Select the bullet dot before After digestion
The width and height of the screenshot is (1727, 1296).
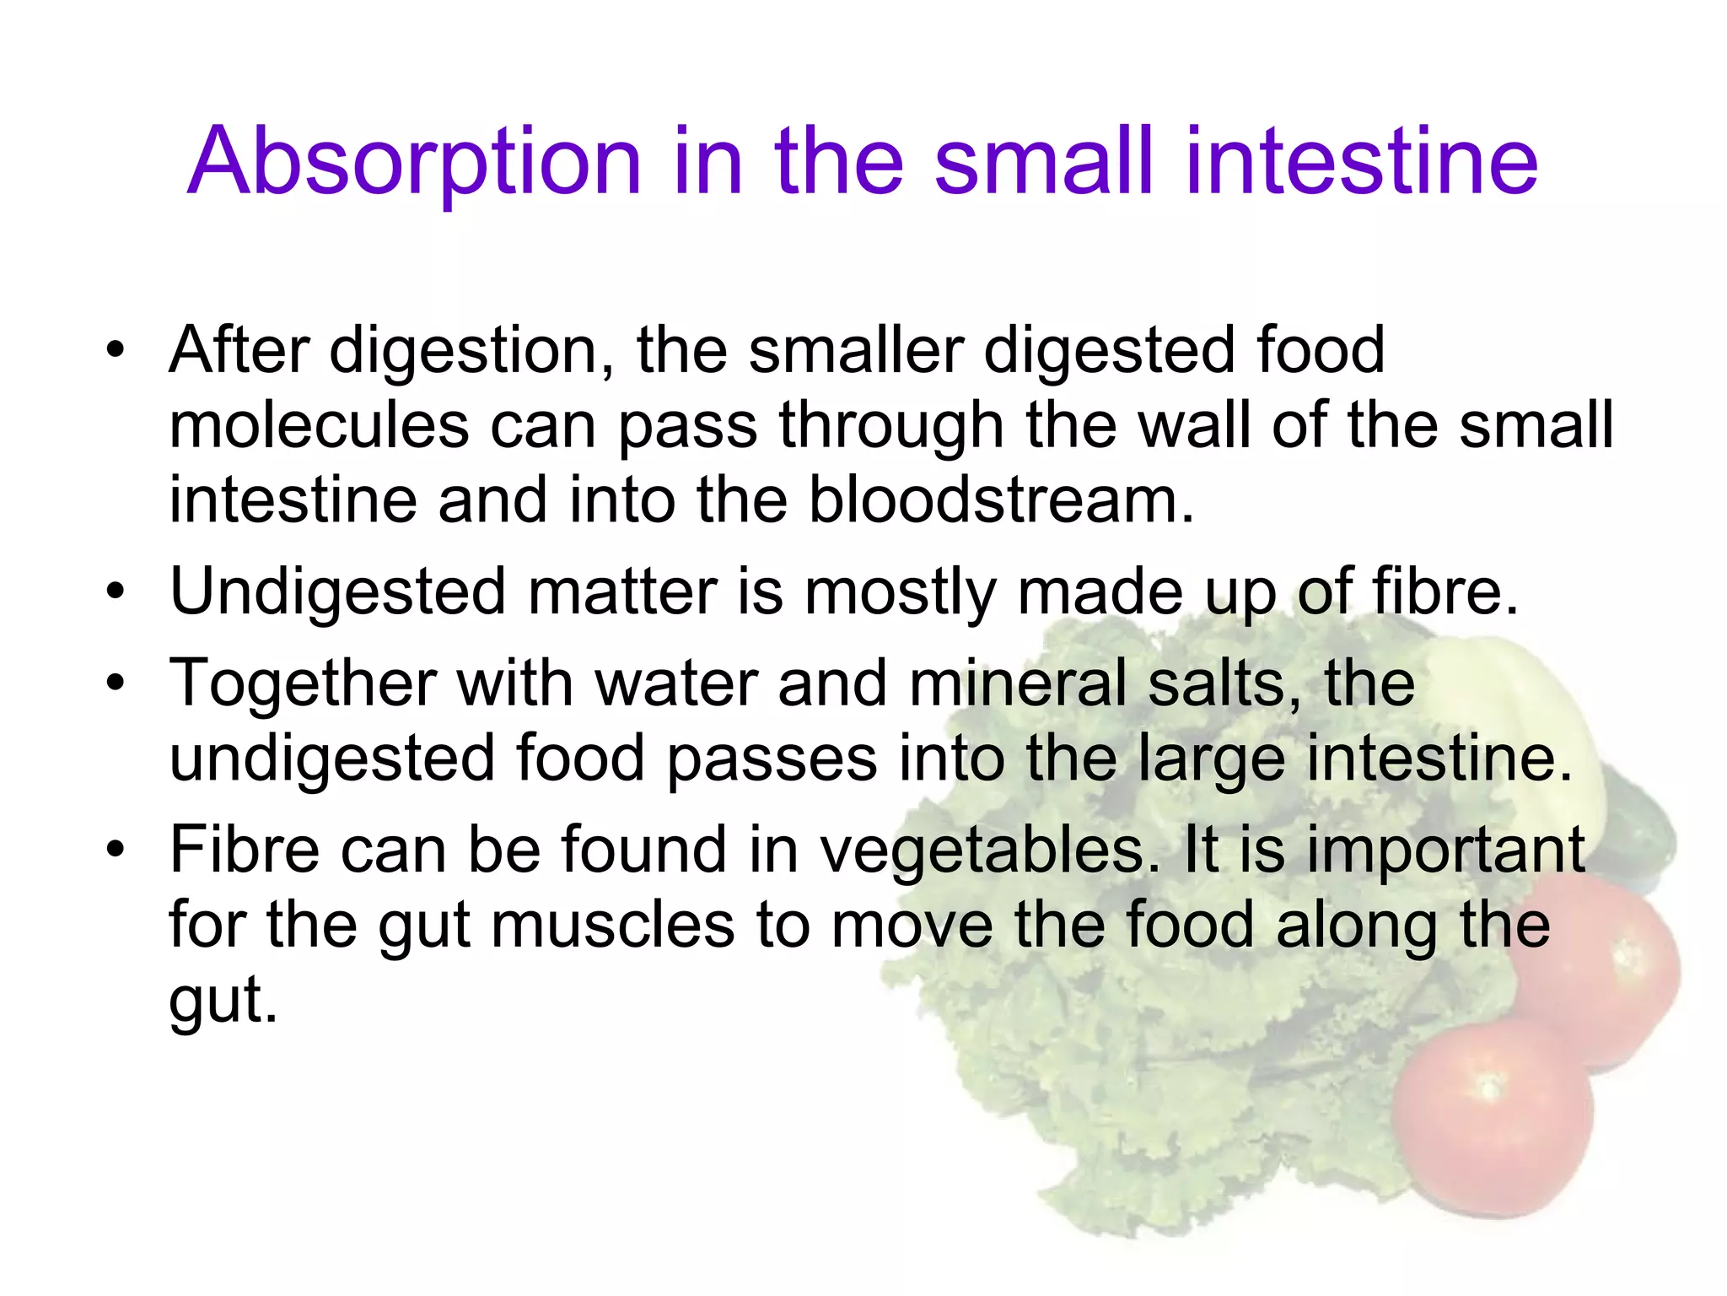(116, 349)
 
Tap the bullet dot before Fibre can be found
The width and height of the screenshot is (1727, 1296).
(116, 849)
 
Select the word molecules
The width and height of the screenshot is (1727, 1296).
(318, 424)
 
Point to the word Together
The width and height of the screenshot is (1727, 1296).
(303, 683)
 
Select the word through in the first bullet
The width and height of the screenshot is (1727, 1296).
(890, 426)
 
